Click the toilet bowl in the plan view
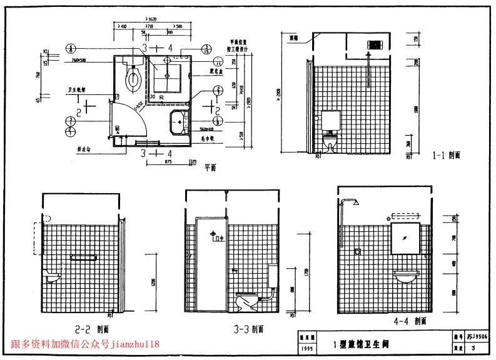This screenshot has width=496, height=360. pyautogui.click(x=133, y=79)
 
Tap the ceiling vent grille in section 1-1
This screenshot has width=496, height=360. pyautogui.click(x=374, y=45)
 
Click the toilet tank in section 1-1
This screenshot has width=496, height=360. pyautogui.click(x=330, y=119)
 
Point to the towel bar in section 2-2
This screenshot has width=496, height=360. pyautogui.click(x=83, y=257)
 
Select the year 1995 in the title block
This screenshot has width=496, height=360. pyautogui.click(x=307, y=348)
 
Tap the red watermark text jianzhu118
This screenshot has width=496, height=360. pyautogui.click(x=135, y=344)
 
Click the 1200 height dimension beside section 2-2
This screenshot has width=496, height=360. pyautogui.click(x=152, y=282)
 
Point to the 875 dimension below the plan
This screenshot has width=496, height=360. pyautogui.click(x=151, y=162)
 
